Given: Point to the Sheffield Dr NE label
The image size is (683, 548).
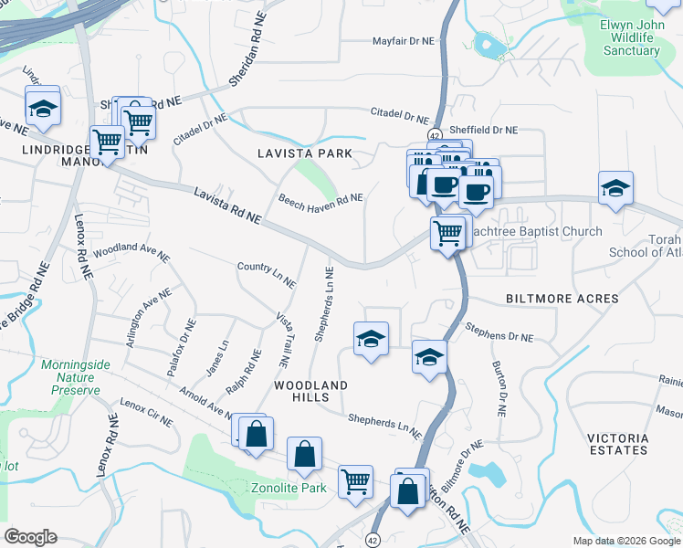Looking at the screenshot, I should (485, 131).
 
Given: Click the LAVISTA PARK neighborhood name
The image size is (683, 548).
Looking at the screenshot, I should (304, 153).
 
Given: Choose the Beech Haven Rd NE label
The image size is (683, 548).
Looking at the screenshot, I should (320, 198).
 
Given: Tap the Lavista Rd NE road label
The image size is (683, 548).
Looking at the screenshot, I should (227, 205).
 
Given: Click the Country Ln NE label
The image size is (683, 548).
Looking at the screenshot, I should (266, 275).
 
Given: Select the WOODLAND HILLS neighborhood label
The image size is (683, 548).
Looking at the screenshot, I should (311, 393).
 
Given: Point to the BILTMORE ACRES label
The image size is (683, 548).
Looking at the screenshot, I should (562, 299).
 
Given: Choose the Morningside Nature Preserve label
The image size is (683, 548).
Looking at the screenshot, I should (76, 377).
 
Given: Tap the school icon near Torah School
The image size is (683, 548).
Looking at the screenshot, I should (615, 189).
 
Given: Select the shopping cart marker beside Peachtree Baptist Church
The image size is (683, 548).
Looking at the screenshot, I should (447, 234).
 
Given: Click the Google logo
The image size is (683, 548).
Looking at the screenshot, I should (30, 537).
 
